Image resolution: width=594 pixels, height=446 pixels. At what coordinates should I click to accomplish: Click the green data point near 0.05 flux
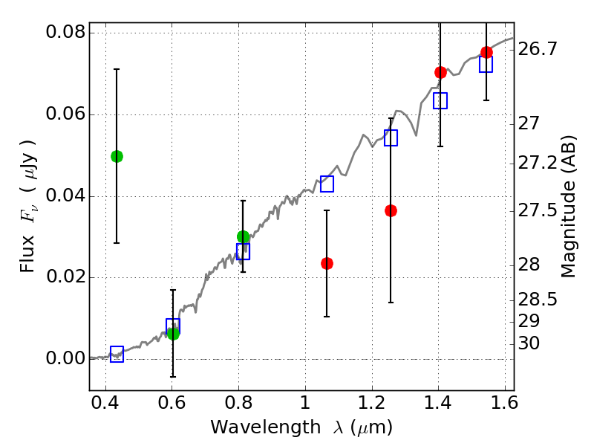117,156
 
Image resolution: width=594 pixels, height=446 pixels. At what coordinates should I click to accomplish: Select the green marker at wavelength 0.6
173,334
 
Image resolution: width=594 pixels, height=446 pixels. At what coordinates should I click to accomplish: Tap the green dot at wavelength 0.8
243,237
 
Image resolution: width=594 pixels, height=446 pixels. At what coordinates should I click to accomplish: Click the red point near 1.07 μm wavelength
327,263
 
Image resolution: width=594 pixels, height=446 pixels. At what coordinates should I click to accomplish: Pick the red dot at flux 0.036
391,210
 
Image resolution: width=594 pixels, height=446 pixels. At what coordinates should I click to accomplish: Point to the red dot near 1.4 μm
440,72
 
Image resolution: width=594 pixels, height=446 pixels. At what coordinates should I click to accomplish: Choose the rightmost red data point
486,52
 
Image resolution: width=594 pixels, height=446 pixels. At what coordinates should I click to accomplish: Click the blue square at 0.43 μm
117,354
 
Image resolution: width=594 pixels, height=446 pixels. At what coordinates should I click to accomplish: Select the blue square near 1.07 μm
327,184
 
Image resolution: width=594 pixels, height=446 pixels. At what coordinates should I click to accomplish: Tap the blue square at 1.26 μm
391,138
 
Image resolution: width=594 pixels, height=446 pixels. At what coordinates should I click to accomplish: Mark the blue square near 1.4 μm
440,100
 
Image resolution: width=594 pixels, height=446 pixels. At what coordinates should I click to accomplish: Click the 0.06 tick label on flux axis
65,115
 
